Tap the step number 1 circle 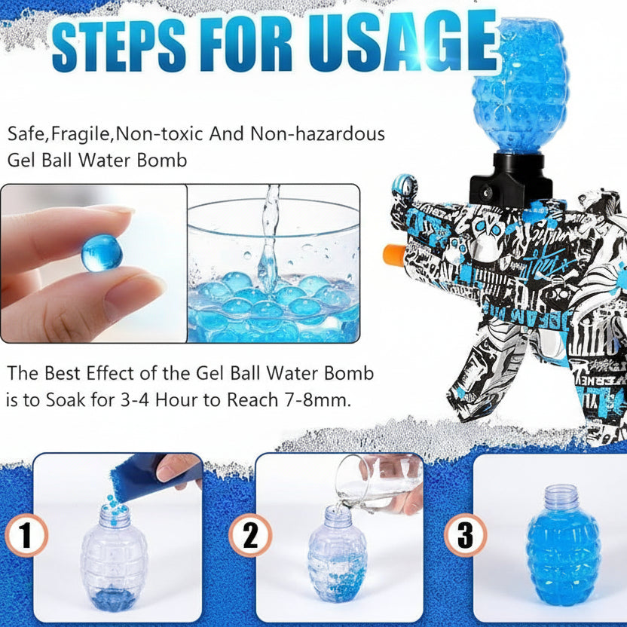point(26,537)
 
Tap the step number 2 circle point(249,537)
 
